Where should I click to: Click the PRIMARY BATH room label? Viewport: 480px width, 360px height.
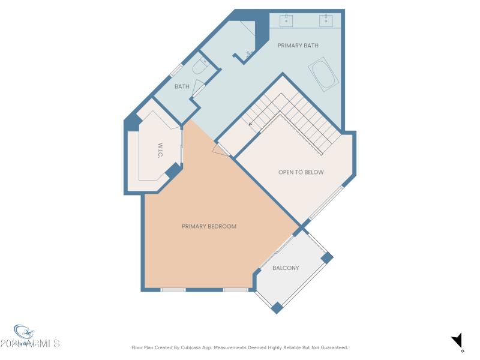(298, 46)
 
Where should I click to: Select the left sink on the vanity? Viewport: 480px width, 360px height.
(287, 22)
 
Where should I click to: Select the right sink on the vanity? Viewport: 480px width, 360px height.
(326, 22)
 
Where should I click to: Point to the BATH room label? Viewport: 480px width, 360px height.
(182, 86)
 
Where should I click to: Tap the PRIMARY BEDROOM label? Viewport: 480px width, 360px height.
(209, 226)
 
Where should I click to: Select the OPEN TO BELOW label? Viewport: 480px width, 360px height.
(301, 172)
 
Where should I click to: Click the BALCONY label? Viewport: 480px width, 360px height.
(286, 268)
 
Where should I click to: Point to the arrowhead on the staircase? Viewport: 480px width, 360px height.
(250, 124)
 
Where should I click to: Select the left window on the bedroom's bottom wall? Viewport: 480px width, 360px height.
(173, 290)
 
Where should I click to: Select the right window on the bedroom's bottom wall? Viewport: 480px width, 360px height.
(235, 290)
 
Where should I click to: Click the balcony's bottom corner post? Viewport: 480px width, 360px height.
(277, 307)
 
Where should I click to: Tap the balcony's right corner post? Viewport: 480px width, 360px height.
(326, 257)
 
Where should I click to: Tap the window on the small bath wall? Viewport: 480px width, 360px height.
(176, 70)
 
